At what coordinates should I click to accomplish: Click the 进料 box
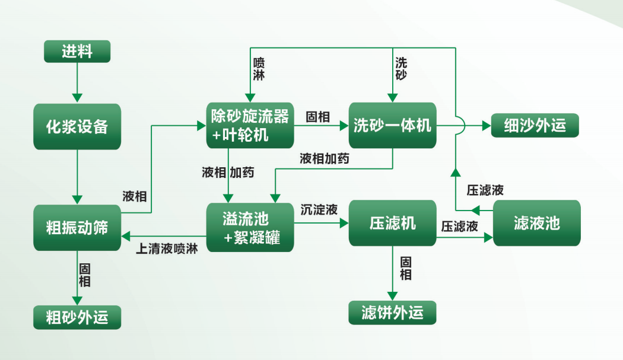[x=77, y=52]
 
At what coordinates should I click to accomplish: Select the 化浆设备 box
[x=77, y=126]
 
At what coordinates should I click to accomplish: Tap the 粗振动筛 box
[x=77, y=227]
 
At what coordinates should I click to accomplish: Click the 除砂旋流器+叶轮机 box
[x=250, y=125]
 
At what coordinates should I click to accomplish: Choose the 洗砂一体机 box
[x=392, y=126]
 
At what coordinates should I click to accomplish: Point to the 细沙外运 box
[x=535, y=126]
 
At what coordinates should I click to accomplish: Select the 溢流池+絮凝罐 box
[x=250, y=227]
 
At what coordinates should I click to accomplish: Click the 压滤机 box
[x=392, y=223]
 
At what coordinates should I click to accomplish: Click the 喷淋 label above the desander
[x=259, y=69]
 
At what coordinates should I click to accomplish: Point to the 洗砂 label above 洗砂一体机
[x=401, y=69]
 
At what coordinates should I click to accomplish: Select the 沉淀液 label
[x=319, y=209]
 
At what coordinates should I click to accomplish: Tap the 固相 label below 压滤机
[x=406, y=268]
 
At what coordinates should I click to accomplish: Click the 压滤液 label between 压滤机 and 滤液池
[x=459, y=227]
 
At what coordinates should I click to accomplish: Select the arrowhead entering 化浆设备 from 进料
[x=77, y=98]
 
